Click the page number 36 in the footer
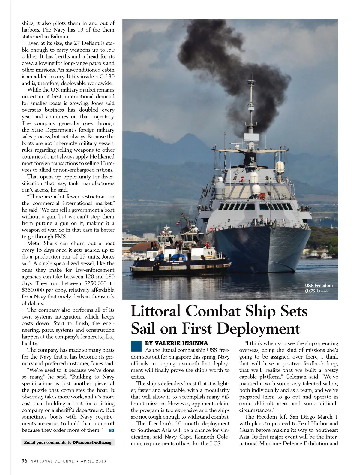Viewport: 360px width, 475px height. [x=25, y=461]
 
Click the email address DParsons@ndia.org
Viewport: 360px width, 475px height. [x=92, y=442]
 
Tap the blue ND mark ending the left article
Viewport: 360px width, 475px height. [x=111, y=430]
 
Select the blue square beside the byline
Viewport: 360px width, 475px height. [x=136, y=346]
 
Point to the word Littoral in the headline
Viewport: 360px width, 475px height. [x=156, y=311]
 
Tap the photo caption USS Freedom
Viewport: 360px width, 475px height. [x=319, y=286]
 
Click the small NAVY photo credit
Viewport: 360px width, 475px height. [x=325, y=292]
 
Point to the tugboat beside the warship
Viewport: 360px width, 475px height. [x=180, y=255]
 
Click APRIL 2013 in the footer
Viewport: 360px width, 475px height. [x=93, y=461]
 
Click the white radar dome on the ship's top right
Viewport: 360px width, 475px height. [x=280, y=166]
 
